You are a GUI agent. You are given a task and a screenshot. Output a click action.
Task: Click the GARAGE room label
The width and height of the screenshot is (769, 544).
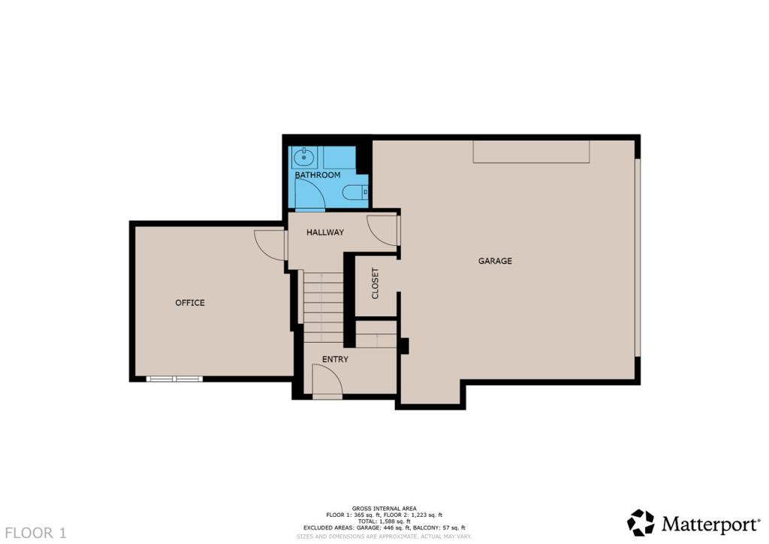click(495, 261)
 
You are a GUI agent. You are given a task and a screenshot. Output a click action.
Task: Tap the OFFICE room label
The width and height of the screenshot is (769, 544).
click(190, 303)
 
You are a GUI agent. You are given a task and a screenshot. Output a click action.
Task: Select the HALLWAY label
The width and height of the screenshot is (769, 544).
click(325, 232)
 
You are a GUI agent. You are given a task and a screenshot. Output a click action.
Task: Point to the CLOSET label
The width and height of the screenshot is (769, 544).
click(375, 283)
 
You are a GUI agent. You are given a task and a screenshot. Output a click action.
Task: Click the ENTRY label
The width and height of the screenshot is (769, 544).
click(335, 359)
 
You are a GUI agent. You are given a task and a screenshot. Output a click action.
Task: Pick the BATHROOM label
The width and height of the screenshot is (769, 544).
click(318, 175)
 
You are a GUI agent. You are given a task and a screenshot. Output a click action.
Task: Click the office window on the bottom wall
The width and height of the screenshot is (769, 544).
click(174, 379)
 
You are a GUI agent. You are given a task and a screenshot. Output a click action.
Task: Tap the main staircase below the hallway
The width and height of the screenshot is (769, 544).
click(323, 307)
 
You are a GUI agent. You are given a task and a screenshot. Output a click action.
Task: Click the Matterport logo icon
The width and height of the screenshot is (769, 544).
click(641, 522)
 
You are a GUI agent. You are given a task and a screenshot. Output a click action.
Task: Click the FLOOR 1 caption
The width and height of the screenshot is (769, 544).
click(36, 533)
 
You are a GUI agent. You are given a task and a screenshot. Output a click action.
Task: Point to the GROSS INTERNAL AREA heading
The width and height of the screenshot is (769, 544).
click(384, 509)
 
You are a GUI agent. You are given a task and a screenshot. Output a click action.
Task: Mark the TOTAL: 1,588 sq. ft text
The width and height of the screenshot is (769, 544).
click(384, 521)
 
